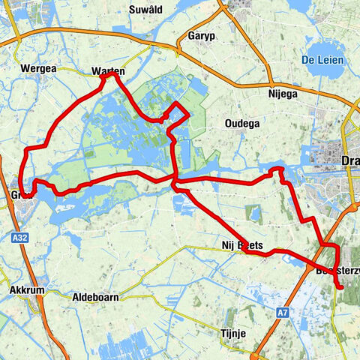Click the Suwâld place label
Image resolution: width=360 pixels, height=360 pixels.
click(146, 9)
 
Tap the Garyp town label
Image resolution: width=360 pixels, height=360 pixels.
click(202, 35)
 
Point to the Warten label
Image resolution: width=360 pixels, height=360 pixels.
click(107, 71)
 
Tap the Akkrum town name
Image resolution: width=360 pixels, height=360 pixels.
click(30, 289)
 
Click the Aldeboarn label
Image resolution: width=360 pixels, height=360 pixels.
click(95, 298)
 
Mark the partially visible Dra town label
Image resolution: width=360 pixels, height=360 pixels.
click(350, 161)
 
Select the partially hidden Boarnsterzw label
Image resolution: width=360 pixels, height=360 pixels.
click(337, 271)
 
